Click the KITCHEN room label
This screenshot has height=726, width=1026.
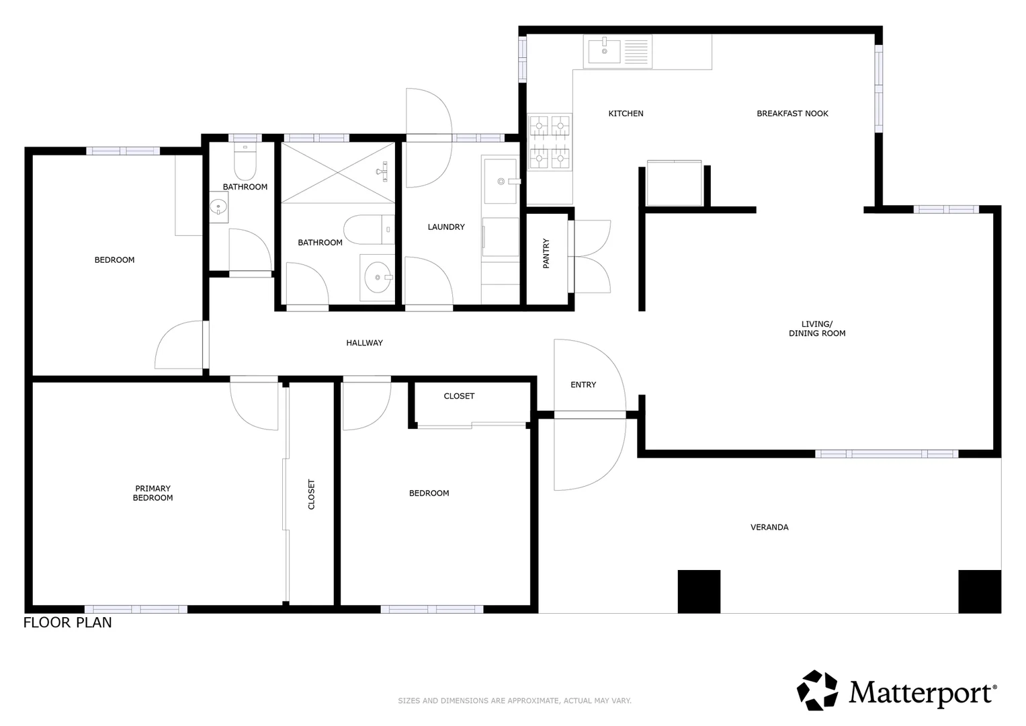626,114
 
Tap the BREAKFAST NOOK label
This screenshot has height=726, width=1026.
792,114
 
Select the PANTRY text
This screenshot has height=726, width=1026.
546,253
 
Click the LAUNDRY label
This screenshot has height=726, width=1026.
446,227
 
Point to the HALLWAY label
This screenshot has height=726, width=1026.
364,343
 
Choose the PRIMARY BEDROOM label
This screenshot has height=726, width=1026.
153,493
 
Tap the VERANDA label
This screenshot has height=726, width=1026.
769,527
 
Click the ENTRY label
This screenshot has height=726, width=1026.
583,385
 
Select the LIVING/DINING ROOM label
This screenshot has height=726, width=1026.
817,329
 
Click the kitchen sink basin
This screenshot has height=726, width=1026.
604,50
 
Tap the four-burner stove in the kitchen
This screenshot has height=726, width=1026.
550,143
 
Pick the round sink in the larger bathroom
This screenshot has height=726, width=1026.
378,277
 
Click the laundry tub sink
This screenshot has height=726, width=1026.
500,181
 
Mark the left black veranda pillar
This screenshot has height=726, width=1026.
699,592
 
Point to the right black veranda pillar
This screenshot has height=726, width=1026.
979,592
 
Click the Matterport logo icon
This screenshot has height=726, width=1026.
818,690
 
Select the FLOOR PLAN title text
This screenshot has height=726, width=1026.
68,622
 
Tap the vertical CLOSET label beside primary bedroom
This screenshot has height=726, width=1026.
311,494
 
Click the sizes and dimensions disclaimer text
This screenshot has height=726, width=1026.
515,700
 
